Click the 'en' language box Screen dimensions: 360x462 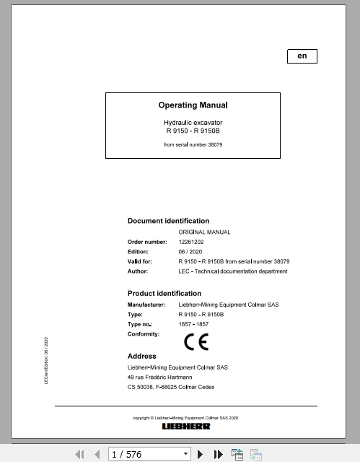[x=302, y=56]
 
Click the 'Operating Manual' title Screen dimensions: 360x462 [x=193, y=105]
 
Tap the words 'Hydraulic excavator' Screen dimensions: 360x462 [x=193, y=124]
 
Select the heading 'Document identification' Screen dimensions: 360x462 [x=168, y=221]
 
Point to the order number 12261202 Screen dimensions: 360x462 [x=191, y=242]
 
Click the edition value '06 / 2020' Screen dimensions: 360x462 [x=190, y=251]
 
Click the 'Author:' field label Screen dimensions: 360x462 [x=138, y=271]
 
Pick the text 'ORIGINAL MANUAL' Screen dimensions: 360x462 [x=204, y=232]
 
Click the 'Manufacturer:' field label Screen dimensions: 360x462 [x=146, y=305]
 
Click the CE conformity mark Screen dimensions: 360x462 [x=196, y=341]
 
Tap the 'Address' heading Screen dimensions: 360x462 [x=142, y=357]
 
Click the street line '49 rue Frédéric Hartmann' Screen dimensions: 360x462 [x=165, y=377]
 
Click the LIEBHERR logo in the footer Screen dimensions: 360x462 [x=185, y=427]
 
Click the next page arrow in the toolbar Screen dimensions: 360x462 [x=203, y=454]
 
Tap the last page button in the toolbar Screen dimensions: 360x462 [x=219, y=454]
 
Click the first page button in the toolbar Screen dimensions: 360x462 [x=80, y=454]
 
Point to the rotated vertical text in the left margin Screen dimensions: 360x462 [x=47, y=359]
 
